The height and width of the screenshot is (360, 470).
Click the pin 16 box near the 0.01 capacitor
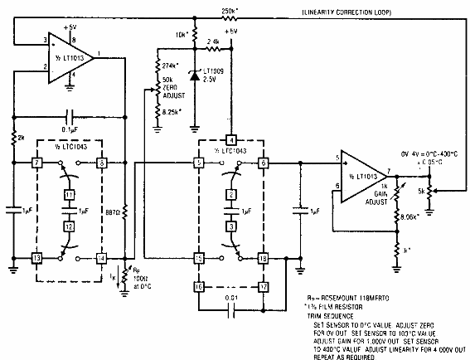(199, 287)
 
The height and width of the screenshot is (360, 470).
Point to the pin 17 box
(262, 287)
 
